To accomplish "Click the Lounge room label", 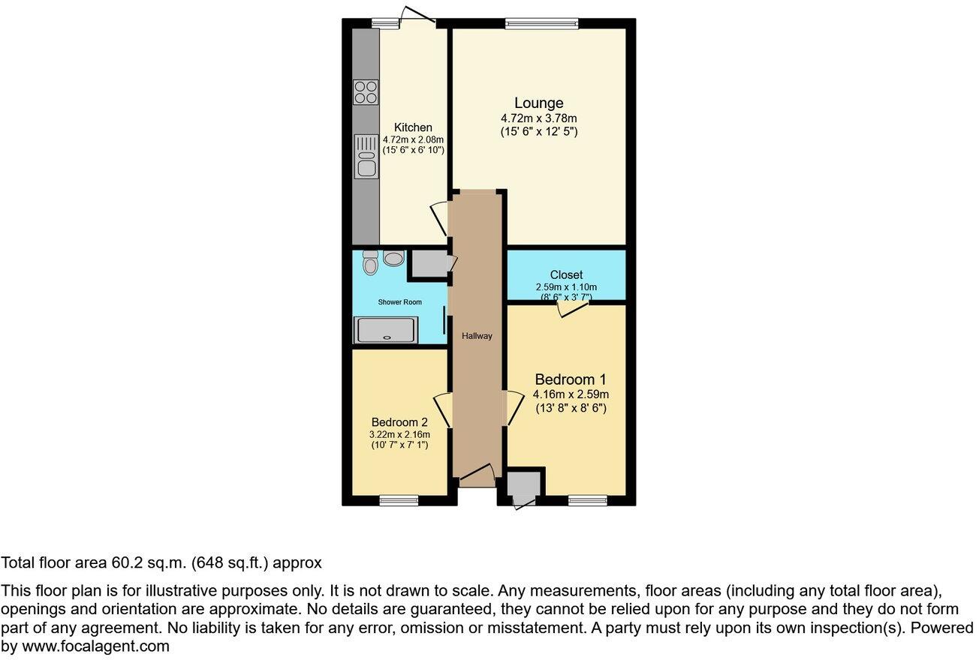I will click(x=538, y=103).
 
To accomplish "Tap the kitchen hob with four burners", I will click(x=366, y=91).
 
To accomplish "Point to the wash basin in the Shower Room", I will click(x=393, y=259).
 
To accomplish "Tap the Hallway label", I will click(x=477, y=336).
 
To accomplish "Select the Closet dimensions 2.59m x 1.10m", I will click(x=565, y=287).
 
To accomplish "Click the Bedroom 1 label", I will click(x=570, y=379).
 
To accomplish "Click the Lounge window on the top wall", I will click(x=541, y=24).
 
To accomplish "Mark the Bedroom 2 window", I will click(x=398, y=500).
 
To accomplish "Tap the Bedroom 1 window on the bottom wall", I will click(x=587, y=500).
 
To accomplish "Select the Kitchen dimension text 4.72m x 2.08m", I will click(x=413, y=139).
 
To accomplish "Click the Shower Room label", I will click(x=399, y=302).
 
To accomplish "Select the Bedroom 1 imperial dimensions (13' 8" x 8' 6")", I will click(x=570, y=409).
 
